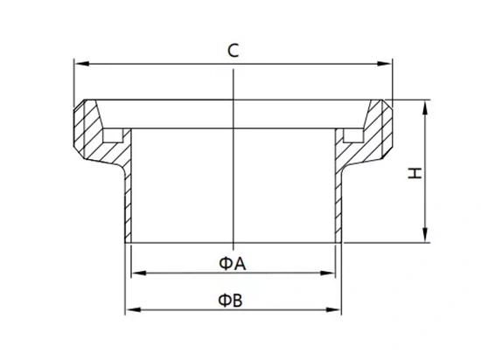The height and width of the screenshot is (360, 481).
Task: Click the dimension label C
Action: [234, 51]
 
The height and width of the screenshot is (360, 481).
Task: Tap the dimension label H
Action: [415, 173]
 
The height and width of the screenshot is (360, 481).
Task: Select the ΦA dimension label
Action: [233, 264]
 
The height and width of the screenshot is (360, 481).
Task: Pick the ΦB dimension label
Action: [230, 301]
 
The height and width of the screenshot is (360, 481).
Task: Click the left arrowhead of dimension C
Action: [81, 64]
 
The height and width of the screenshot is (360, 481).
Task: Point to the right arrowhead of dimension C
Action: [385, 64]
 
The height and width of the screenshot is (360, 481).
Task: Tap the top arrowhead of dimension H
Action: [425, 107]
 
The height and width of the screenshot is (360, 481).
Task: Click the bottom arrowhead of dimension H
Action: [425, 235]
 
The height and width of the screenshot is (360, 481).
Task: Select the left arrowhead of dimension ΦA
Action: [139, 273]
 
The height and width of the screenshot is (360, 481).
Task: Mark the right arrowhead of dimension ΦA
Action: [328, 273]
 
